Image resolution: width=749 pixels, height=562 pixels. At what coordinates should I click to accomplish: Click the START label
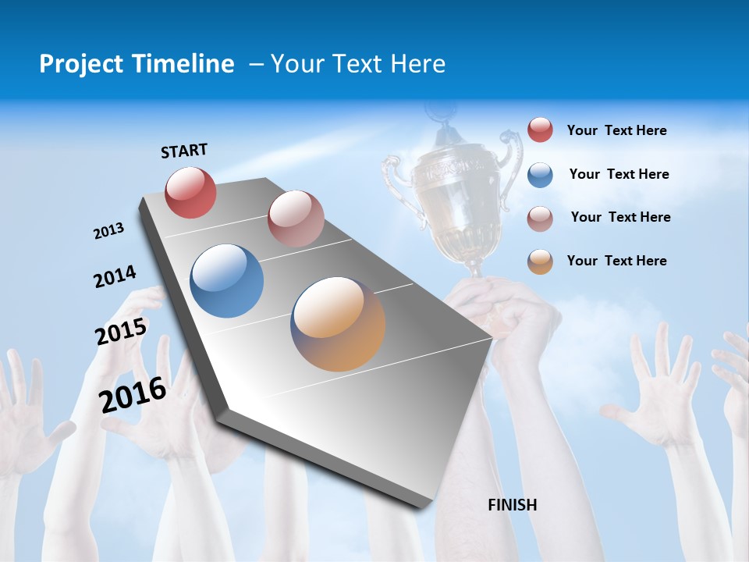coord(184,151)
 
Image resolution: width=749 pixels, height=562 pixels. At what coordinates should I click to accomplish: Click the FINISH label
coord(512,505)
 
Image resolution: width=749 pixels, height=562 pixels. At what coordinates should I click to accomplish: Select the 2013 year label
coord(108,231)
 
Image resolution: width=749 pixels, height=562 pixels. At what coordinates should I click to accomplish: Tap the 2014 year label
coord(115,277)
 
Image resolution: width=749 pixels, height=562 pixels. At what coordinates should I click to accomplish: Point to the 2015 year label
coord(121,332)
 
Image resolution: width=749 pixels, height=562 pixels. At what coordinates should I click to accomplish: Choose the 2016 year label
coord(133,395)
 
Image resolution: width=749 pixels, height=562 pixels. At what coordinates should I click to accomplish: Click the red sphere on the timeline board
coord(190,192)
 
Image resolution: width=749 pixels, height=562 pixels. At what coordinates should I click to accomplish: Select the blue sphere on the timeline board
coord(227,281)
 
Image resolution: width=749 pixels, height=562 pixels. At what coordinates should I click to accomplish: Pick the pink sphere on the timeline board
coord(296,219)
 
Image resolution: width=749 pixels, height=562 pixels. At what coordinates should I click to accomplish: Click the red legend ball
coord(540,130)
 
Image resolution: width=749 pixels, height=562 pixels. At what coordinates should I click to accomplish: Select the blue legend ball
coord(540,175)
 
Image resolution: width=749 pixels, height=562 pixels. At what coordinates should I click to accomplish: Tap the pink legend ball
coord(540,218)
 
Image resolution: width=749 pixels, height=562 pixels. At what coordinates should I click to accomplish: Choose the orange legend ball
coord(540,261)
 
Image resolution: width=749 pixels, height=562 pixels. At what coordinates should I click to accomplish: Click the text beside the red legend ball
coord(616,131)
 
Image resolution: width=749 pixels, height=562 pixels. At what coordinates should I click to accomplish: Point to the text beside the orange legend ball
coord(616,261)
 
